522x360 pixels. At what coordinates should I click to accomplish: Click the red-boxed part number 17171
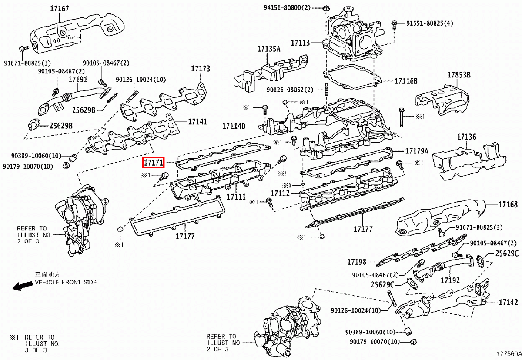click(x=153, y=163)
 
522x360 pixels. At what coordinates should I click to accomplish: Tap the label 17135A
click(x=268, y=49)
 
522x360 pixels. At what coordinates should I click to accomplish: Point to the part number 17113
click(x=300, y=43)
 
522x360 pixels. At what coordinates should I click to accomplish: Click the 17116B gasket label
click(x=406, y=81)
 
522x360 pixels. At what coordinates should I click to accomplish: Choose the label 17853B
click(x=459, y=75)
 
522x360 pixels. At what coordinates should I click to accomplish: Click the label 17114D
click(x=234, y=127)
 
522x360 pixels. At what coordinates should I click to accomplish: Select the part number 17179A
click(x=417, y=151)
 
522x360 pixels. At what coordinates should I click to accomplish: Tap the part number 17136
click(x=466, y=137)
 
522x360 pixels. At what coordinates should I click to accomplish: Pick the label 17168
click(x=508, y=204)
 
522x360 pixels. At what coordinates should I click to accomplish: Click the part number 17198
click(x=357, y=262)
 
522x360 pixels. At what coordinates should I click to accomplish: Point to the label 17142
click(x=508, y=302)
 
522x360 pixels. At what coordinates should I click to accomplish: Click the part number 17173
click(x=201, y=69)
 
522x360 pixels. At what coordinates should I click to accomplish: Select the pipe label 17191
click(x=78, y=80)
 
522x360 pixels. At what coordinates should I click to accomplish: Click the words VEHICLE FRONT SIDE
click(x=66, y=282)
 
